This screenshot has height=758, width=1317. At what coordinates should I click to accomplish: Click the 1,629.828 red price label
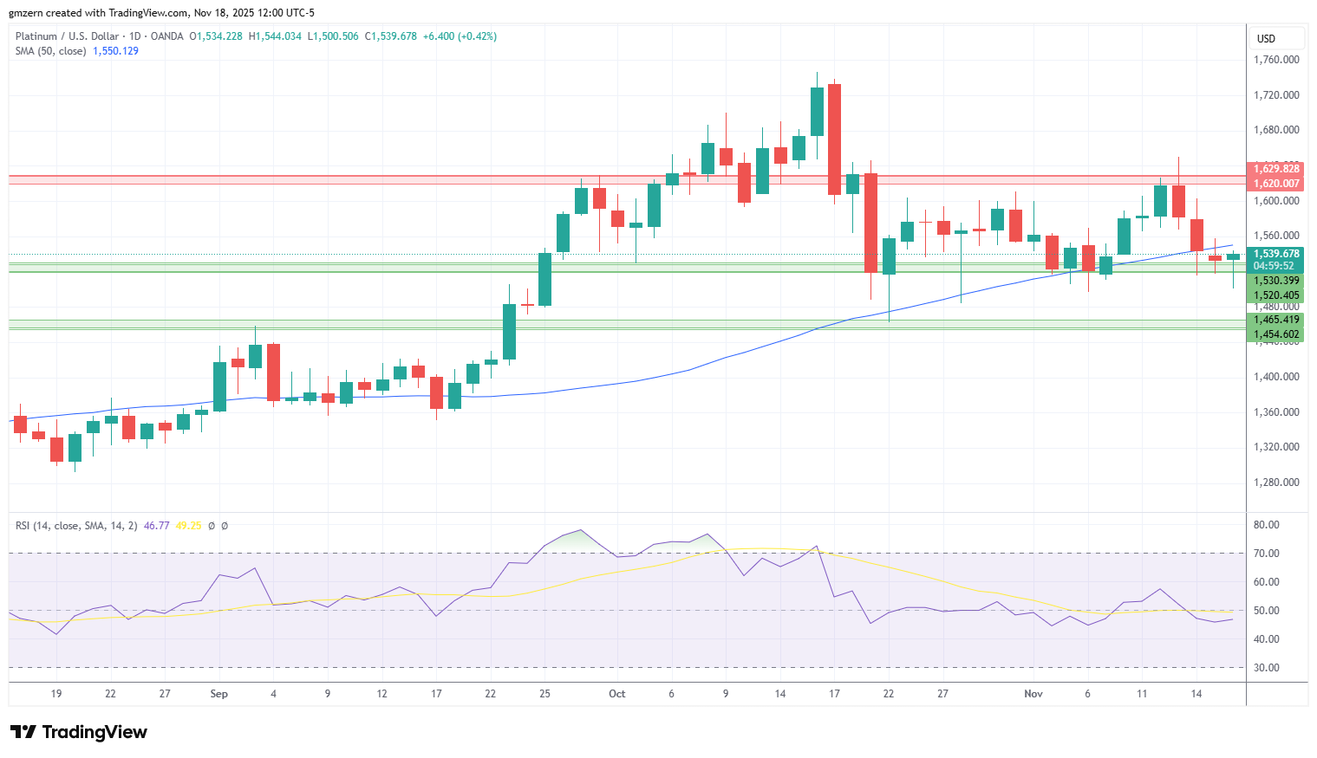tap(1275, 169)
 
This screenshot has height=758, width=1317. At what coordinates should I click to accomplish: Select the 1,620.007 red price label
tap(1275, 184)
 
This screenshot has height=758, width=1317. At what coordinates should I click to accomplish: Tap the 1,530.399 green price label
tap(1275, 281)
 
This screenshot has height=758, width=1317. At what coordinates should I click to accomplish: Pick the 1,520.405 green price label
tap(1275, 295)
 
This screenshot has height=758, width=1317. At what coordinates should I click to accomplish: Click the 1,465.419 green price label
tap(1275, 320)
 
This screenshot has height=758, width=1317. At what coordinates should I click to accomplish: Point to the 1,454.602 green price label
tap(1275, 334)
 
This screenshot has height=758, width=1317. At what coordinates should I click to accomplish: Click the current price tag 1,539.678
tap(1275, 254)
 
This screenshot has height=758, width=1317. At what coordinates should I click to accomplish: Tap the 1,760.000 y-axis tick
tap(1276, 60)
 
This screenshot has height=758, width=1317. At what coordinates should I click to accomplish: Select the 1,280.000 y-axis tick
tap(1276, 483)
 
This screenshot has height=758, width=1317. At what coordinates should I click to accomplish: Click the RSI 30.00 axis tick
tap(1267, 668)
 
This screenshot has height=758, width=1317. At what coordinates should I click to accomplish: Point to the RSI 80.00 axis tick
tap(1267, 525)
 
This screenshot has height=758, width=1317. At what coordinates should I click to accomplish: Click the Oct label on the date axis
tap(616, 694)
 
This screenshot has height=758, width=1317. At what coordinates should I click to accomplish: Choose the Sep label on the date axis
tap(218, 694)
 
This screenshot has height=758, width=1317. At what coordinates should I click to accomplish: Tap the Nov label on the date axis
tap(1033, 694)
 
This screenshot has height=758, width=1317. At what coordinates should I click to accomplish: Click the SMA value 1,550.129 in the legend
tap(116, 51)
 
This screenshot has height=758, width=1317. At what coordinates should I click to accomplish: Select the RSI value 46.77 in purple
tap(156, 526)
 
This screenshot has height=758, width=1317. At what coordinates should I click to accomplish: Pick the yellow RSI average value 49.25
tap(188, 526)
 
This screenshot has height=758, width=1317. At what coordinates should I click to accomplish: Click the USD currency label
tap(1266, 39)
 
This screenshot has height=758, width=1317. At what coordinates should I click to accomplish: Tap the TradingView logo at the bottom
tap(78, 732)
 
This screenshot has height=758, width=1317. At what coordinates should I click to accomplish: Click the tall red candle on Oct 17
tap(834, 139)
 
